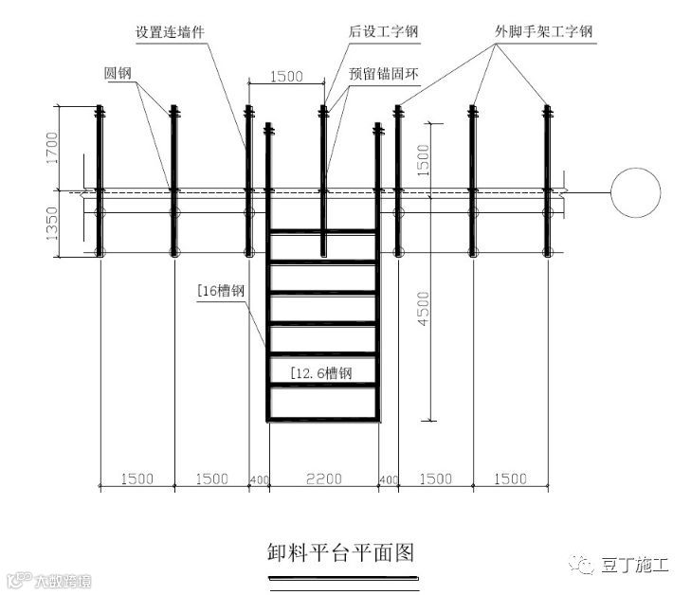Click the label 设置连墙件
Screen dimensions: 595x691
pos(170,32)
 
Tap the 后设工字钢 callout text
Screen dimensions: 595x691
pos(383,32)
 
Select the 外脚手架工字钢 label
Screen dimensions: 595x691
pos(543,32)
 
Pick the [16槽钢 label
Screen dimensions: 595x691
pos(222,292)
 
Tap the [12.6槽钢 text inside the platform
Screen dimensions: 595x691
pos(321,373)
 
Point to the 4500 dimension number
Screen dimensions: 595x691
pos(423,310)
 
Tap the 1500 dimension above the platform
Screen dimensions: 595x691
pos(286,75)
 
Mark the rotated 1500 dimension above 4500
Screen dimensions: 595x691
pos(423,159)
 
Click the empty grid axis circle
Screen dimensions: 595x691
pos(635,193)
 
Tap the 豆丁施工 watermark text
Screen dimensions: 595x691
pos(634,566)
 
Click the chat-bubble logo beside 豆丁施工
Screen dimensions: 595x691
pos(581,565)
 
